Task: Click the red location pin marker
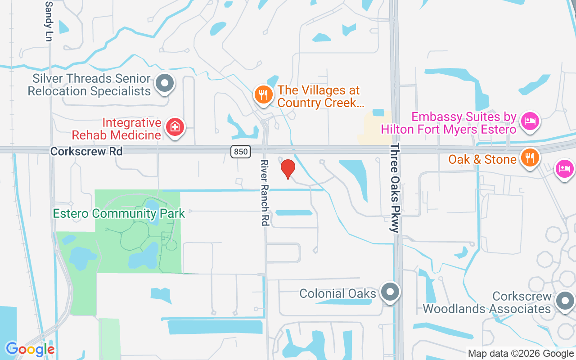[288, 169]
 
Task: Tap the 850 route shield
[241, 152]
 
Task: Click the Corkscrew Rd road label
[86, 151]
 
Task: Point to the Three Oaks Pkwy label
[395, 188]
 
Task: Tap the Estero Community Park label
[119, 213]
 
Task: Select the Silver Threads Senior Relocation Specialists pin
[165, 83]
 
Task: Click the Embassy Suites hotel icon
[530, 121]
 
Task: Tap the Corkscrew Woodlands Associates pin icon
[565, 300]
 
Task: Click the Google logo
[30, 349]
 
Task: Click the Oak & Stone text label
[482, 159]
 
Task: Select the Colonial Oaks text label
[338, 294]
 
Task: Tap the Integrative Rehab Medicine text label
[117, 129]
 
